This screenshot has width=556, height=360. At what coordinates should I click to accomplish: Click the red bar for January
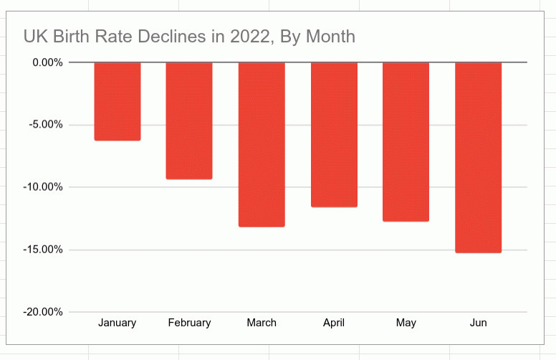coord(118,101)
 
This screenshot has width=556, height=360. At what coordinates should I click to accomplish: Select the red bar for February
coord(189,120)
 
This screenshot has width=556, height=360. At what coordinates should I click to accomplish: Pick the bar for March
coord(262,144)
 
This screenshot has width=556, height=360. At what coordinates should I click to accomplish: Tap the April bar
coord(334,135)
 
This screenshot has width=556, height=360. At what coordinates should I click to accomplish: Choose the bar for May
coord(406,142)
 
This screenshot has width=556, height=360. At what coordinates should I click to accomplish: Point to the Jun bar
coord(478,158)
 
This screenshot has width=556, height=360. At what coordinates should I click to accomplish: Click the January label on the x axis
coord(118,323)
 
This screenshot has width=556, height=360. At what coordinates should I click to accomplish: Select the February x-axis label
coord(189,323)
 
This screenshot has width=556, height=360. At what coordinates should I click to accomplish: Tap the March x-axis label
coord(262,323)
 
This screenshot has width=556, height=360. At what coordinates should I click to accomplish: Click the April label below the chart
coord(334,323)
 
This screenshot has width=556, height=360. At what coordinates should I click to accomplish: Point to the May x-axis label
coord(406,323)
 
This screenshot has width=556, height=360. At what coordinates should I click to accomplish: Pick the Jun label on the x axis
coord(478,323)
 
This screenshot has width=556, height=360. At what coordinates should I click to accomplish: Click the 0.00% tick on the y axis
coord(45,62)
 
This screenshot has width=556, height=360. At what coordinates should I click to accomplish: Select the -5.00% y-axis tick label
coord(44,125)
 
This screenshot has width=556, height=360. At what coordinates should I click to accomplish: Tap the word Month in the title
coord(330,36)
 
